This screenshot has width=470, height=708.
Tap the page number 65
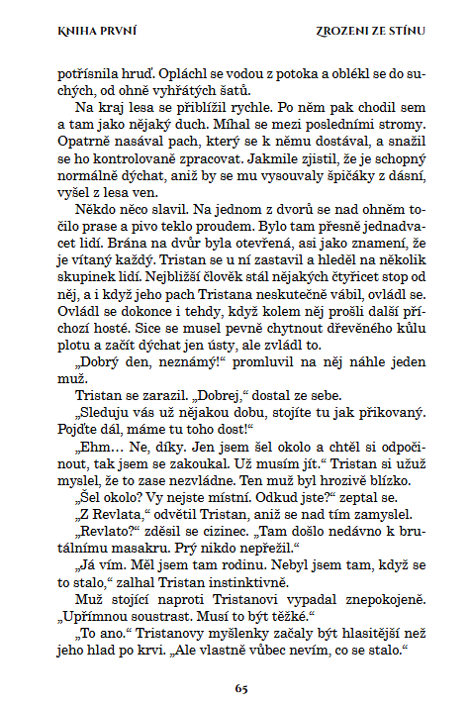click(240, 686)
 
